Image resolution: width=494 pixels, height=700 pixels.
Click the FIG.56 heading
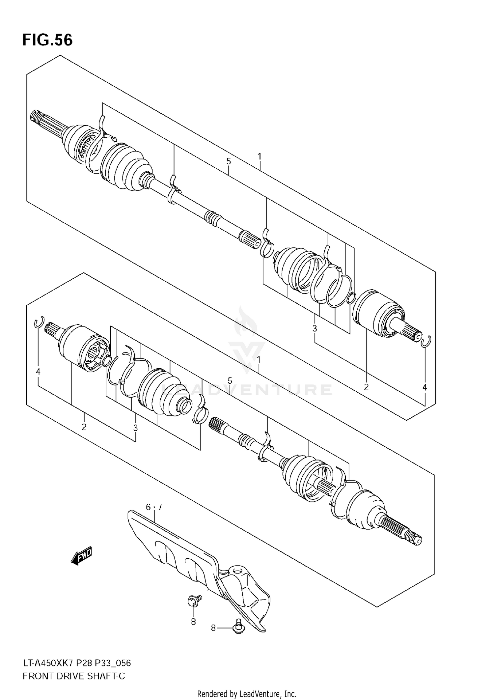[47, 40]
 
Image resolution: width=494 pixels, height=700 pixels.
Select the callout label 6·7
[154, 507]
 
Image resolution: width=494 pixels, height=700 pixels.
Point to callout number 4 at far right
[425, 387]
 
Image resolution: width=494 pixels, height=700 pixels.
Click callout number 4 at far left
[38, 372]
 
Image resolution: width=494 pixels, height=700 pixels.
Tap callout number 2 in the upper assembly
[366, 387]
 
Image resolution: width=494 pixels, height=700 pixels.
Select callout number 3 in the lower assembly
[135, 428]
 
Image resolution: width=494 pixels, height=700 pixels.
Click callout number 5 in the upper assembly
[229, 161]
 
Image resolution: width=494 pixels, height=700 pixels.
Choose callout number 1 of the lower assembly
[259, 359]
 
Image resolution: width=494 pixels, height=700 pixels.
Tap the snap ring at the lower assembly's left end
[39, 322]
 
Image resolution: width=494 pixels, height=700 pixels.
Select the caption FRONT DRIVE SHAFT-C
[74, 676]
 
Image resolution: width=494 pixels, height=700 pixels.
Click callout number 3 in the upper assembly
[315, 328]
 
